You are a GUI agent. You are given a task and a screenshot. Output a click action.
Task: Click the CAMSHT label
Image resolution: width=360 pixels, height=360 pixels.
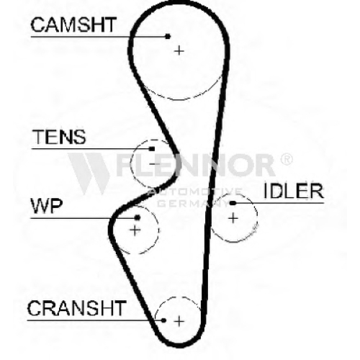point(73,24)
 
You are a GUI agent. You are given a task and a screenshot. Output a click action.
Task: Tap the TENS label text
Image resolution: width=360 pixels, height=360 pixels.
point(59,137)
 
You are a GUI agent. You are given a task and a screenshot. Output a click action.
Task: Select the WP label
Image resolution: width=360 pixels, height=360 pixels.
point(47,206)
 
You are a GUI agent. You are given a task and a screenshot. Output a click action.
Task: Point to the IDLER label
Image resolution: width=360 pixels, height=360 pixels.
point(294,191)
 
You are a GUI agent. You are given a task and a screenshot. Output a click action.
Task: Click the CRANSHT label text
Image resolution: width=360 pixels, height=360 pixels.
point(77,308)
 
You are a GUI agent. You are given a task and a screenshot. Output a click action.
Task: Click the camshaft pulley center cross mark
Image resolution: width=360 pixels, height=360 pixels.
point(179,51)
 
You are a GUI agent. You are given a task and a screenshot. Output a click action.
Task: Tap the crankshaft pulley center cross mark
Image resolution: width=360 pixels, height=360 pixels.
point(179,321)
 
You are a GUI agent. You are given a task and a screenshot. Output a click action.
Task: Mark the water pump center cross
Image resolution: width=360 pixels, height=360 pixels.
point(135,230)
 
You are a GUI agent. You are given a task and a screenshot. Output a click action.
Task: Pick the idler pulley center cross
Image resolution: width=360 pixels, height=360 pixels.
point(233,218)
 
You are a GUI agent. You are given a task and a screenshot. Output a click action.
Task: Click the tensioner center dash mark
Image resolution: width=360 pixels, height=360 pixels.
point(155,164)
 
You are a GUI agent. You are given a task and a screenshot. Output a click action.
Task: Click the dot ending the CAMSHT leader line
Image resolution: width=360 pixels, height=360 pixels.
point(168,37)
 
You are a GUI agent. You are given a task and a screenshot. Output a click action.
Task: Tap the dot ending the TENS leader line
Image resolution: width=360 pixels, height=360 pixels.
point(152,149)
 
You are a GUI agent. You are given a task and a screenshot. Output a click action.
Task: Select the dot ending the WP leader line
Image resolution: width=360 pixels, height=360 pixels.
point(138,217)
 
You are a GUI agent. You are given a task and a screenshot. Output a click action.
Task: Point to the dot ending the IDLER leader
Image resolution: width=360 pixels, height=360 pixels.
point(232,203)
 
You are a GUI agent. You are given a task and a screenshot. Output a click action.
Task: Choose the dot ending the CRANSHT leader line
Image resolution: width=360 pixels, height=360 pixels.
point(163,320)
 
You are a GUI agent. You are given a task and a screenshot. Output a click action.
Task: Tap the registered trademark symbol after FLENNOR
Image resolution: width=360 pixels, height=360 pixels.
point(286,159)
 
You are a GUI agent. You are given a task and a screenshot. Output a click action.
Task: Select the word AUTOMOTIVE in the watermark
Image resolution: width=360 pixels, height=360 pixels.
point(195,192)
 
